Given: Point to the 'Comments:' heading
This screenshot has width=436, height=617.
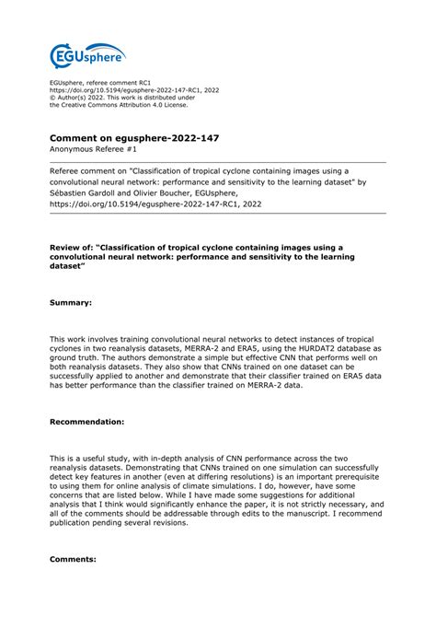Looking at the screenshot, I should (x=73, y=559).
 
